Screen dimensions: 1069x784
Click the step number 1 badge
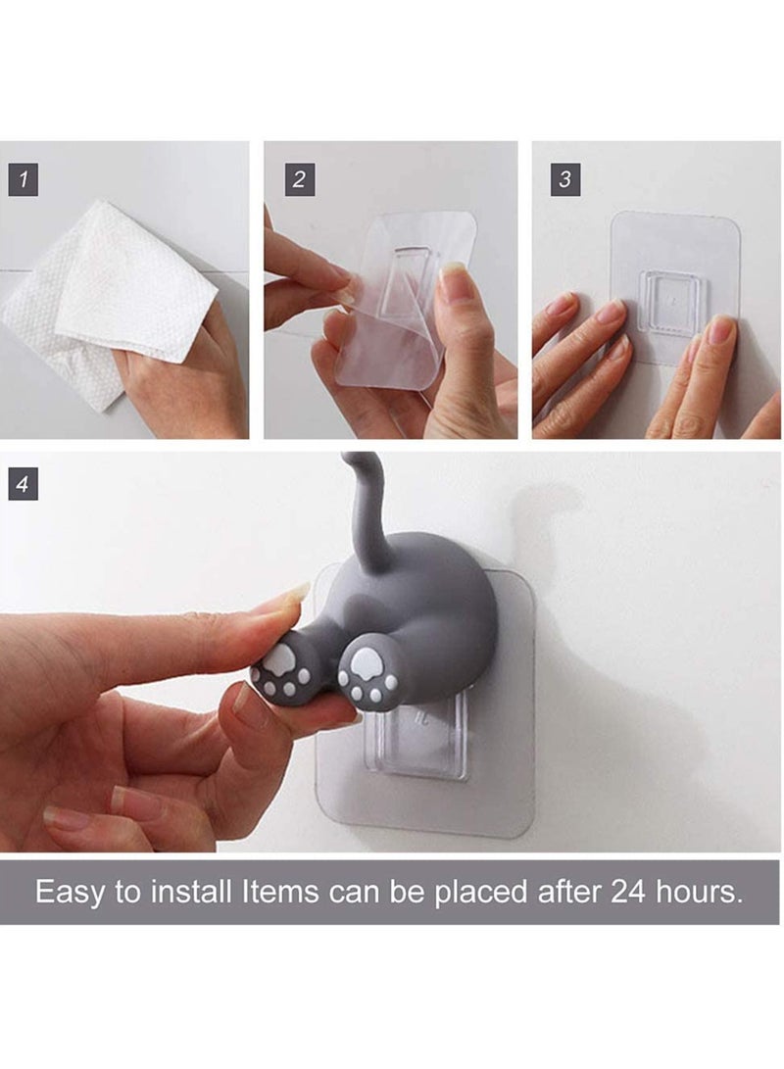(x=23, y=180)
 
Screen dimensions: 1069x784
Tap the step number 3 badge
(x=565, y=180)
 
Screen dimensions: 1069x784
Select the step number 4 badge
(x=23, y=485)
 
